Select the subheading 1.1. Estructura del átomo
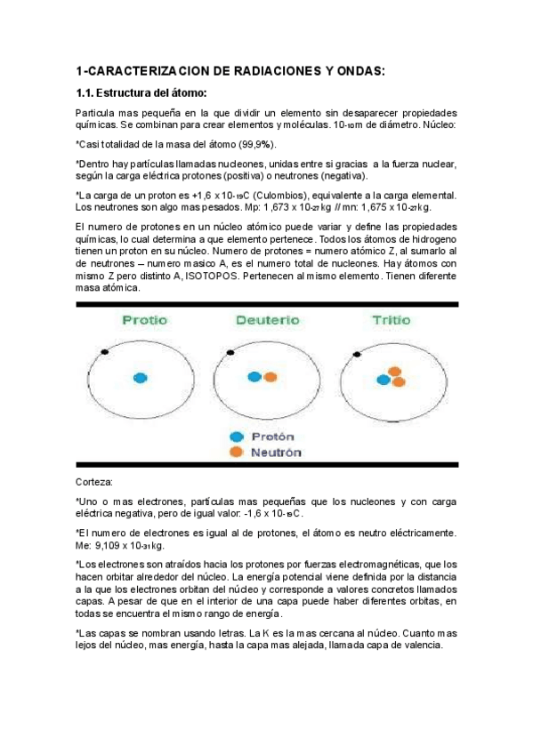[x=141, y=93]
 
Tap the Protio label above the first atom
[x=143, y=320]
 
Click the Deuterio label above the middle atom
[x=266, y=320]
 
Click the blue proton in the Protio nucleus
[x=140, y=378]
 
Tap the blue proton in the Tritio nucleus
[x=384, y=380]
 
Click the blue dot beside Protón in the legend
[x=236, y=437]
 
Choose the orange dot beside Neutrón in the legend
[x=236, y=453]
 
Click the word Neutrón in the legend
[x=276, y=453]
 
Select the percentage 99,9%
[x=258, y=144]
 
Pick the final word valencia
[x=416, y=646]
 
